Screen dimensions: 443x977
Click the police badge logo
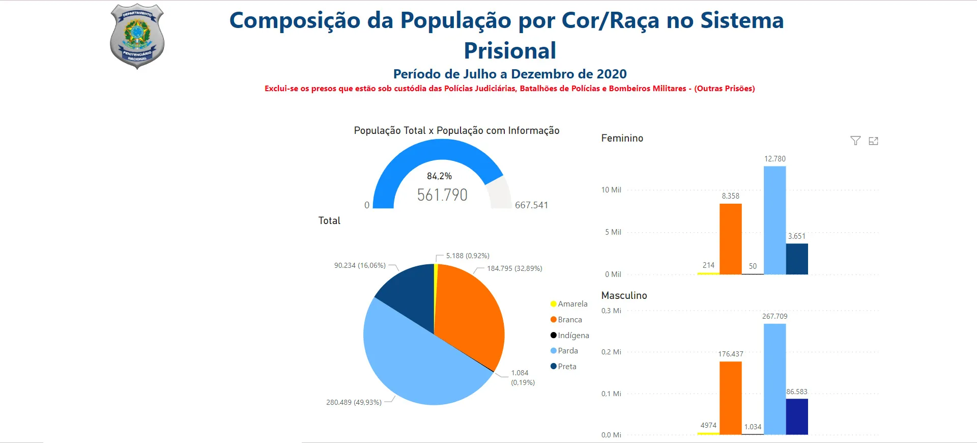pyautogui.click(x=137, y=36)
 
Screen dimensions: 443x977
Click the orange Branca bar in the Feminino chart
pyautogui.click(x=730, y=239)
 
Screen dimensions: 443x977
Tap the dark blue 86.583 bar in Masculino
pyautogui.click(x=797, y=417)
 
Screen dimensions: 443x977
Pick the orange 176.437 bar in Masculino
pyautogui.click(x=730, y=398)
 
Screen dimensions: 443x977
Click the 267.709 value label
pyautogui.click(x=774, y=316)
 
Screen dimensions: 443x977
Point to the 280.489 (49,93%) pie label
pyautogui.click(x=354, y=402)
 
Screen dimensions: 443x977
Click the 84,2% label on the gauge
pyautogui.click(x=439, y=176)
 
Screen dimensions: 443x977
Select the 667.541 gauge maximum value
pyautogui.click(x=531, y=205)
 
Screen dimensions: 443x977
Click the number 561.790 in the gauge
pyautogui.click(x=442, y=195)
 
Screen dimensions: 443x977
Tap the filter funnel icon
pyautogui.click(x=855, y=141)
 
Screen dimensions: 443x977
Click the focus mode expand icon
pyautogui.click(x=873, y=141)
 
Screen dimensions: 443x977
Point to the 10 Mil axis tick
pyautogui.click(x=611, y=190)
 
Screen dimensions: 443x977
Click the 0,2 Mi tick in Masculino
pyautogui.click(x=611, y=352)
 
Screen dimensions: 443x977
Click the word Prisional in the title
pyautogui.click(x=510, y=51)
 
